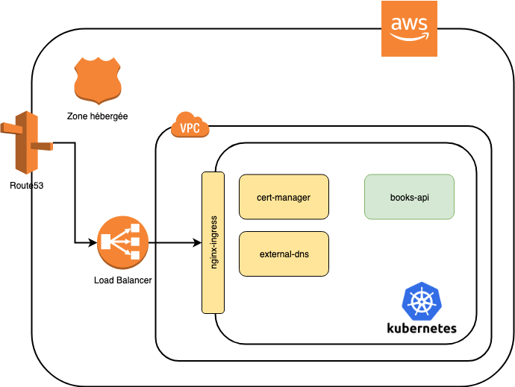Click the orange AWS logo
pyautogui.click(x=409, y=28)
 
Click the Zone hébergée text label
pyautogui.click(x=97, y=117)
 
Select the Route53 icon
pyautogui.click(x=26, y=142)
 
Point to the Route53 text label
pyautogui.click(x=26, y=185)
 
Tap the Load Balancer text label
pyautogui.click(x=123, y=280)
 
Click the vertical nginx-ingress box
pyautogui.click(x=213, y=242)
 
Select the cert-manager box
pyautogui.click(x=284, y=197)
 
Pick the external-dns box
pyautogui.click(x=284, y=254)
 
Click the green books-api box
pyautogui.click(x=409, y=197)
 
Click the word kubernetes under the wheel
pyautogui.click(x=422, y=328)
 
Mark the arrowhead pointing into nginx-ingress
pyautogui.click(x=198, y=242)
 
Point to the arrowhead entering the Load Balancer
pyautogui.click(x=93, y=242)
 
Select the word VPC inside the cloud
pyautogui.click(x=190, y=128)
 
